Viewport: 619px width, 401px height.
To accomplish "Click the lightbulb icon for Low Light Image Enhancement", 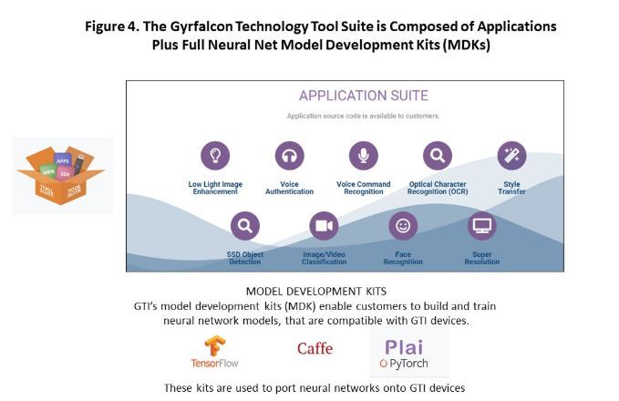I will (x=216, y=156).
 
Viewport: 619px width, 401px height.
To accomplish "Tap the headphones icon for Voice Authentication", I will (x=289, y=156).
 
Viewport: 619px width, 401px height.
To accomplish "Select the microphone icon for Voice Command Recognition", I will (x=364, y=156).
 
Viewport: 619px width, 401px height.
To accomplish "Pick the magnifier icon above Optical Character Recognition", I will (x=438, y=156).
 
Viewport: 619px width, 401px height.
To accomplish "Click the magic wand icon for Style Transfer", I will (x=511, y=156).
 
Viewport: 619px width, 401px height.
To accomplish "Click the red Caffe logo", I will (x=315, y=348).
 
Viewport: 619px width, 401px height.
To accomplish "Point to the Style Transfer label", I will (x=511, y=187).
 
